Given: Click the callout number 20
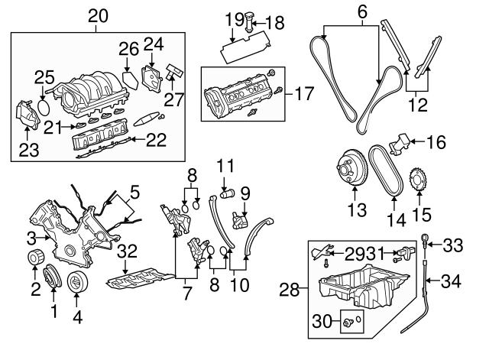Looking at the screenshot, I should click(x=99, y=15).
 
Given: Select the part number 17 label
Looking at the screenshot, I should click(x=304, y=95).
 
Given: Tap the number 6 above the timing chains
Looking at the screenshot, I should click(x=362, y=11).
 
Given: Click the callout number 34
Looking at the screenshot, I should click(x=452, y=281).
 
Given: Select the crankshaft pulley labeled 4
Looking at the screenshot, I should click(x=78, y=282).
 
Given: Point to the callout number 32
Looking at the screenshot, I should click(x=128, y=249).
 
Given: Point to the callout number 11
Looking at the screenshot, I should click(x=224, y=164).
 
